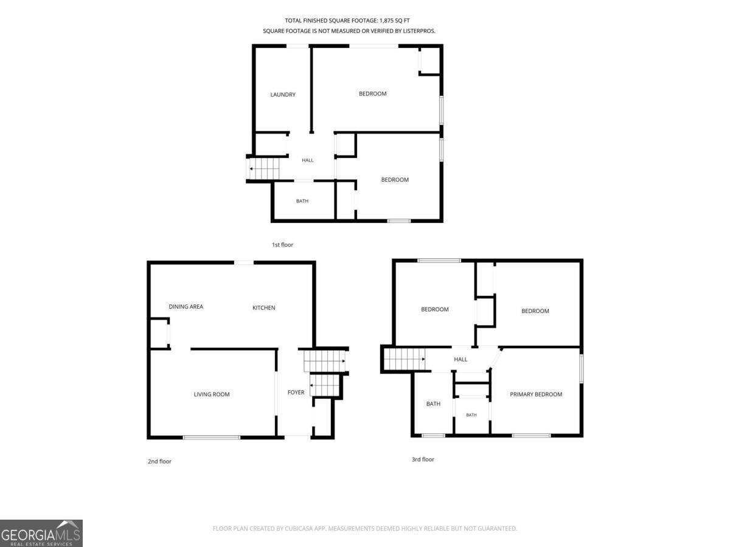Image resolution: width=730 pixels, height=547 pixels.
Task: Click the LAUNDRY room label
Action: pyautogui.click(x=283, y=95)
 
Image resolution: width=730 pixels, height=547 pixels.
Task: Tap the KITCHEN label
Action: pyautogui.click(x=264, y=308)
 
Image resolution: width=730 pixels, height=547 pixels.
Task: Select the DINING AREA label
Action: pyautogui.click(x=186, y=306)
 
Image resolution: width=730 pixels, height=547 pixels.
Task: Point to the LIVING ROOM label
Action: pyautogui.click(x=212, y=394)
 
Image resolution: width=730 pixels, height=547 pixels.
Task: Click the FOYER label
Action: pyautogui.click(x=296, y=392)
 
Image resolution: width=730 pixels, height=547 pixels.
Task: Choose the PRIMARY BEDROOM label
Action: pyautogui.click(x=536, y=394)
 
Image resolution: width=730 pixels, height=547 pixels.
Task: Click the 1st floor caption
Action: pyautogui.click(x=282, y=245)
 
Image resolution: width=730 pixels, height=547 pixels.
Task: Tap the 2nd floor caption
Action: pyautogui.click(x=159, y=461)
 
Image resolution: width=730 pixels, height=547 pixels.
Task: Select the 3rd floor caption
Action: pyautogui.click(x=423, y=459)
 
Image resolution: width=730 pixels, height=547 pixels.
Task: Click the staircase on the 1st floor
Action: pyautogui.click(x=264, y=169)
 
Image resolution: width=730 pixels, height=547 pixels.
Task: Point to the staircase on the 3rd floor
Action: pyautogui.click(x=405, y=359)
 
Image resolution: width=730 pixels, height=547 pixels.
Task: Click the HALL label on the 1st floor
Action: pyautogui.click(x=307, y=160)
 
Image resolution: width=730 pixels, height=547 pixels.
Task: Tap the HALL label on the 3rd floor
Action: pyautogui.click(x=461, y=359)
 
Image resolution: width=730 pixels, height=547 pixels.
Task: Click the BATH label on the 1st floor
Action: pyautogui.click(x=302, y=201)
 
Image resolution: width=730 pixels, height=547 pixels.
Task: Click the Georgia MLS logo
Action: pyautogui.click(x=41, y=533)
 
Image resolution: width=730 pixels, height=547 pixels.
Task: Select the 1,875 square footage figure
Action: pyautogui.click(x=386, y=21)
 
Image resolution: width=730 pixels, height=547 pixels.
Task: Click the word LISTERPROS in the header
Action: pyautogui.click(x=419, y=31)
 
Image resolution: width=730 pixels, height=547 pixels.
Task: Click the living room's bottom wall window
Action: pyautogui.click(x=212, y=438)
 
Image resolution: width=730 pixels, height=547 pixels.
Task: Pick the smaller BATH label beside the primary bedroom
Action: pyautogui.click(x=471, y=415)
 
